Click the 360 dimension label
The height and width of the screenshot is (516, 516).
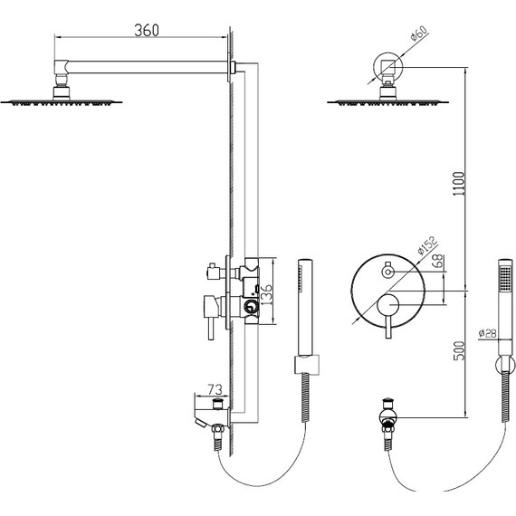pyautogui.click(x=147, y=30)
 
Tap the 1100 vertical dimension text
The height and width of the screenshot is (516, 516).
pyautogui.click(x=459, y=184)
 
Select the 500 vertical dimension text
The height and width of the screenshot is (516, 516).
pyautogui.click(x=459, y=351)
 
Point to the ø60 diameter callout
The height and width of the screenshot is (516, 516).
pyautogui.click(x=419, y=33)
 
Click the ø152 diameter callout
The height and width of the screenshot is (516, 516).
pyautogui.click(x=427, y=245)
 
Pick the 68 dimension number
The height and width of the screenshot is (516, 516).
pyautogui.click(x=439, y=262)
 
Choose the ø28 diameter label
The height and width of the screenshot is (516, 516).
pyautogui.click(x=487, y=334)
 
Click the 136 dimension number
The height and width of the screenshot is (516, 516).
pyautogui.click(x=267, y=294)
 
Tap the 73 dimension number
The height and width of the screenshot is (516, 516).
pyautogui.click(x=215, y=389)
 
